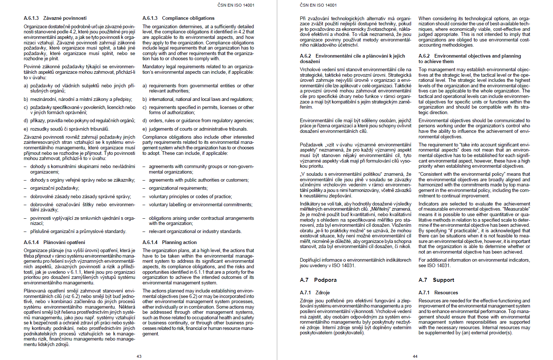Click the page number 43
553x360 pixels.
pyautogui.click(x=139, y=356)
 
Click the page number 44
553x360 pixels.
pyautogui.click(x=415, y=356)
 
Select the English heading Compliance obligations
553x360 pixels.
pyautogui.click(x=188, y=18)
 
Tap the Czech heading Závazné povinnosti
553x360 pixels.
pyautogui.click(x=65, y=18)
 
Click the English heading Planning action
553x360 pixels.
pyautogui.click(x=179, y=242)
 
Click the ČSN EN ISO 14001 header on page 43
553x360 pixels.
pyautogui.click(x=236, y=5)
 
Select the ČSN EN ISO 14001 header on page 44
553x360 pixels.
pyautogui.click(x=318, y=5)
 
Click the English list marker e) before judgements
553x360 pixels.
pyautogui.click(x=145, y=129)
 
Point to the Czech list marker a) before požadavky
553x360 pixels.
pyautogui.click(x=26, y=86)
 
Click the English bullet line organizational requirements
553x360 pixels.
pyautogui.click(x=178, y=188)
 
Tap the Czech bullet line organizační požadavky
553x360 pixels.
pyautogui.click(x=54, y=188)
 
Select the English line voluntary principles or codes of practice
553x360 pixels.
pyautogui.click(x=190, y=196)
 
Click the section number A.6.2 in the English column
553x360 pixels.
pyautogui.click(x=424, y=56)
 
